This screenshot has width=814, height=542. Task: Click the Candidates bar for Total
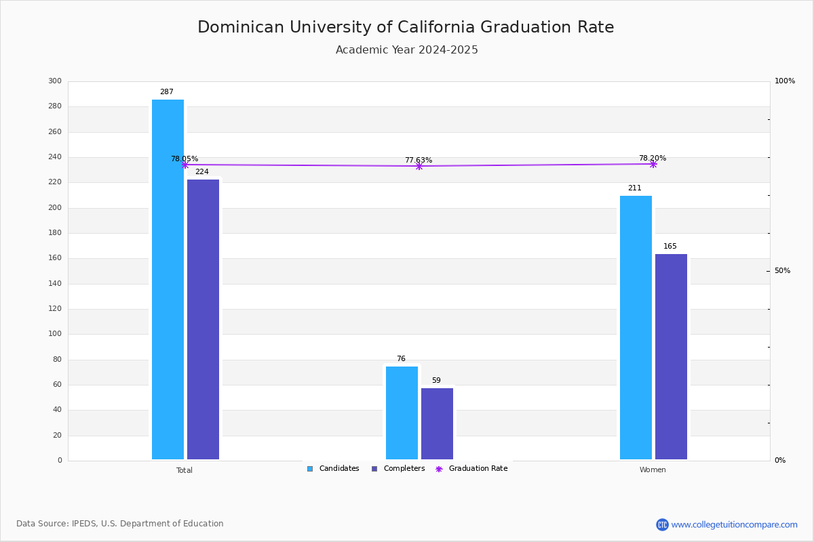point(168,279)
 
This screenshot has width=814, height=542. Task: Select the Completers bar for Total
point(203,319)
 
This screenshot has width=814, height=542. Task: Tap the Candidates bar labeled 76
point(402,413)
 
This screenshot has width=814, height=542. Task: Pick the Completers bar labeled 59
point(437,423)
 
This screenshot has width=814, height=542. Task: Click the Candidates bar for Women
point(636,327)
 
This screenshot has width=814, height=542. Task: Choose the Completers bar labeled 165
point(671,356)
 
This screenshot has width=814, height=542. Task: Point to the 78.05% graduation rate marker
point(185,165)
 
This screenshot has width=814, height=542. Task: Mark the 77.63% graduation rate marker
point(419,166)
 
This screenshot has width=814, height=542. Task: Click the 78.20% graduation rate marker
point(653,164)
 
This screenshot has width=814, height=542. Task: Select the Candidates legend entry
point(333,469)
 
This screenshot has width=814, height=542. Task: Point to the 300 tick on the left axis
point(55,81)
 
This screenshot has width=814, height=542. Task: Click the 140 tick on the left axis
point(55,283)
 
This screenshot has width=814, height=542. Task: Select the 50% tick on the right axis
point(782,271)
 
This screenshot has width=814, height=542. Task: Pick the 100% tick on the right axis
point(784,81)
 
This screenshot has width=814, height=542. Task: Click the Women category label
point(653,470)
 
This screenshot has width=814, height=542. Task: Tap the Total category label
point(185,470)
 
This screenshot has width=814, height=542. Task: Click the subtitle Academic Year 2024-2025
point(407,50)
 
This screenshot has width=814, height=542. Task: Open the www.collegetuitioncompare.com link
point(734,524)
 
